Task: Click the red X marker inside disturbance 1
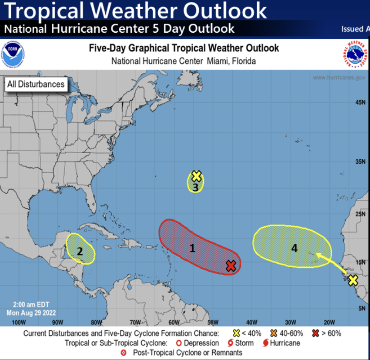click(231, 266)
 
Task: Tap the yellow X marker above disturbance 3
click(197, 176)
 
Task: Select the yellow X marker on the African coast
click(353, 280)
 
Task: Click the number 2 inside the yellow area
click(80, 252)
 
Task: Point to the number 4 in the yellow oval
click(294, 248)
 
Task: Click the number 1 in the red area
click(192, 248)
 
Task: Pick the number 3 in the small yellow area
click(195, 187)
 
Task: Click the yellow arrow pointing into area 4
click(332, 263)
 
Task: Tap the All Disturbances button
click(36, 84)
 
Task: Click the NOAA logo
click(13, 54)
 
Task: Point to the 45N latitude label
click(360, 103)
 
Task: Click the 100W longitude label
click(18, 322)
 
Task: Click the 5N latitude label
click(361, 309)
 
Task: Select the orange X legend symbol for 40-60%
click(274, 333)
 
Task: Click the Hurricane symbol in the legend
click(265, 343)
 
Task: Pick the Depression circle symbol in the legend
click(179, 343)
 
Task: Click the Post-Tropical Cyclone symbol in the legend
click(124, 353)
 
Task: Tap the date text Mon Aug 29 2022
click(31, 313)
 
